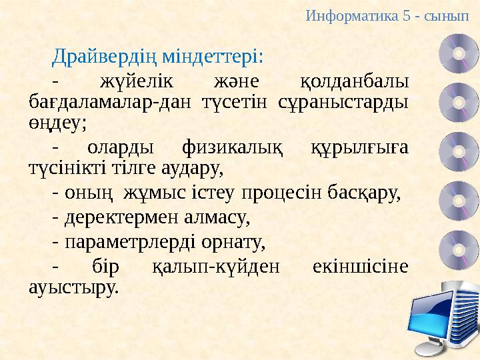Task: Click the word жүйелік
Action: click(x=136, y=82)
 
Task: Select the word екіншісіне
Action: click(x=360, y=267)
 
